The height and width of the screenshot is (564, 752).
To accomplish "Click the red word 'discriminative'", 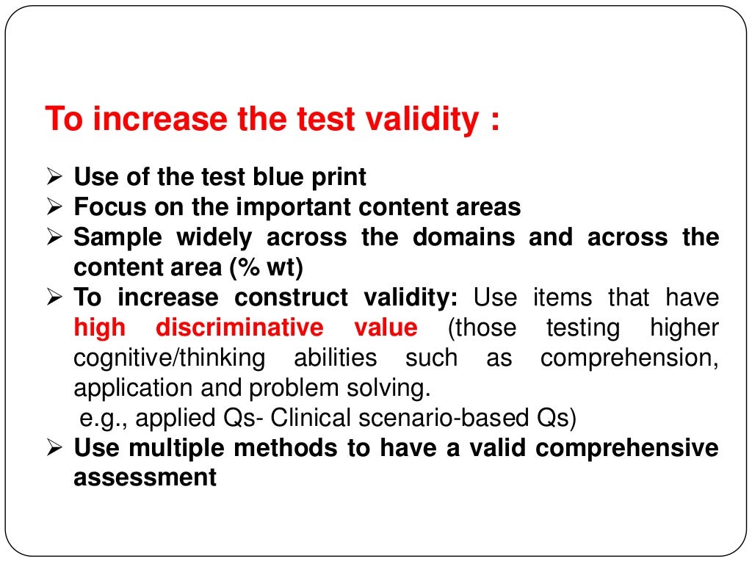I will click(239, 328).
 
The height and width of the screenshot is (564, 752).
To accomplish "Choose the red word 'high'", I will click(101, 328).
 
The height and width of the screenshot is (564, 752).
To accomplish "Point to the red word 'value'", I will click(386, 328).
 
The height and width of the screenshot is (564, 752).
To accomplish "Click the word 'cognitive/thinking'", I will click(170, 358).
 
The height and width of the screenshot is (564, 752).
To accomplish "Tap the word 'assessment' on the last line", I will click(145, 478).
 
